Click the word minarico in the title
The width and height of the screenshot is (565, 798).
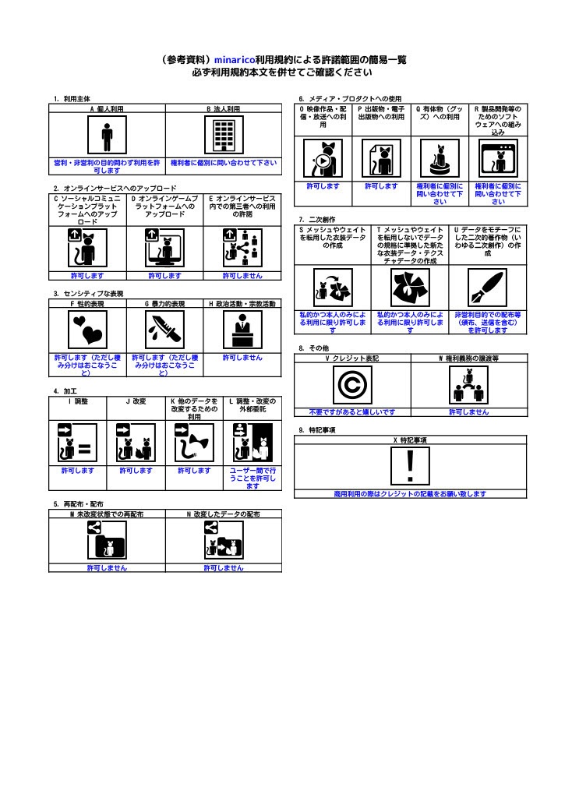pos(238,59)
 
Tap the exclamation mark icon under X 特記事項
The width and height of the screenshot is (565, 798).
pos(411,467)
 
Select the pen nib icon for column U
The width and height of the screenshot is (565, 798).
pos(488,288)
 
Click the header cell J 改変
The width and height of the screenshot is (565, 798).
pos(136,401)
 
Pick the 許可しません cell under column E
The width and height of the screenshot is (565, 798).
pos(242,275)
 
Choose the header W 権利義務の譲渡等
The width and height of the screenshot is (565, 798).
pos(469,358)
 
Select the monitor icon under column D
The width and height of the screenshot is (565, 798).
pos(164,248)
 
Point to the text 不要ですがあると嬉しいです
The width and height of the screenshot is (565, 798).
pos(351,411)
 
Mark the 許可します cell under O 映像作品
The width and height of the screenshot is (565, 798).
pos(323,186)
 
